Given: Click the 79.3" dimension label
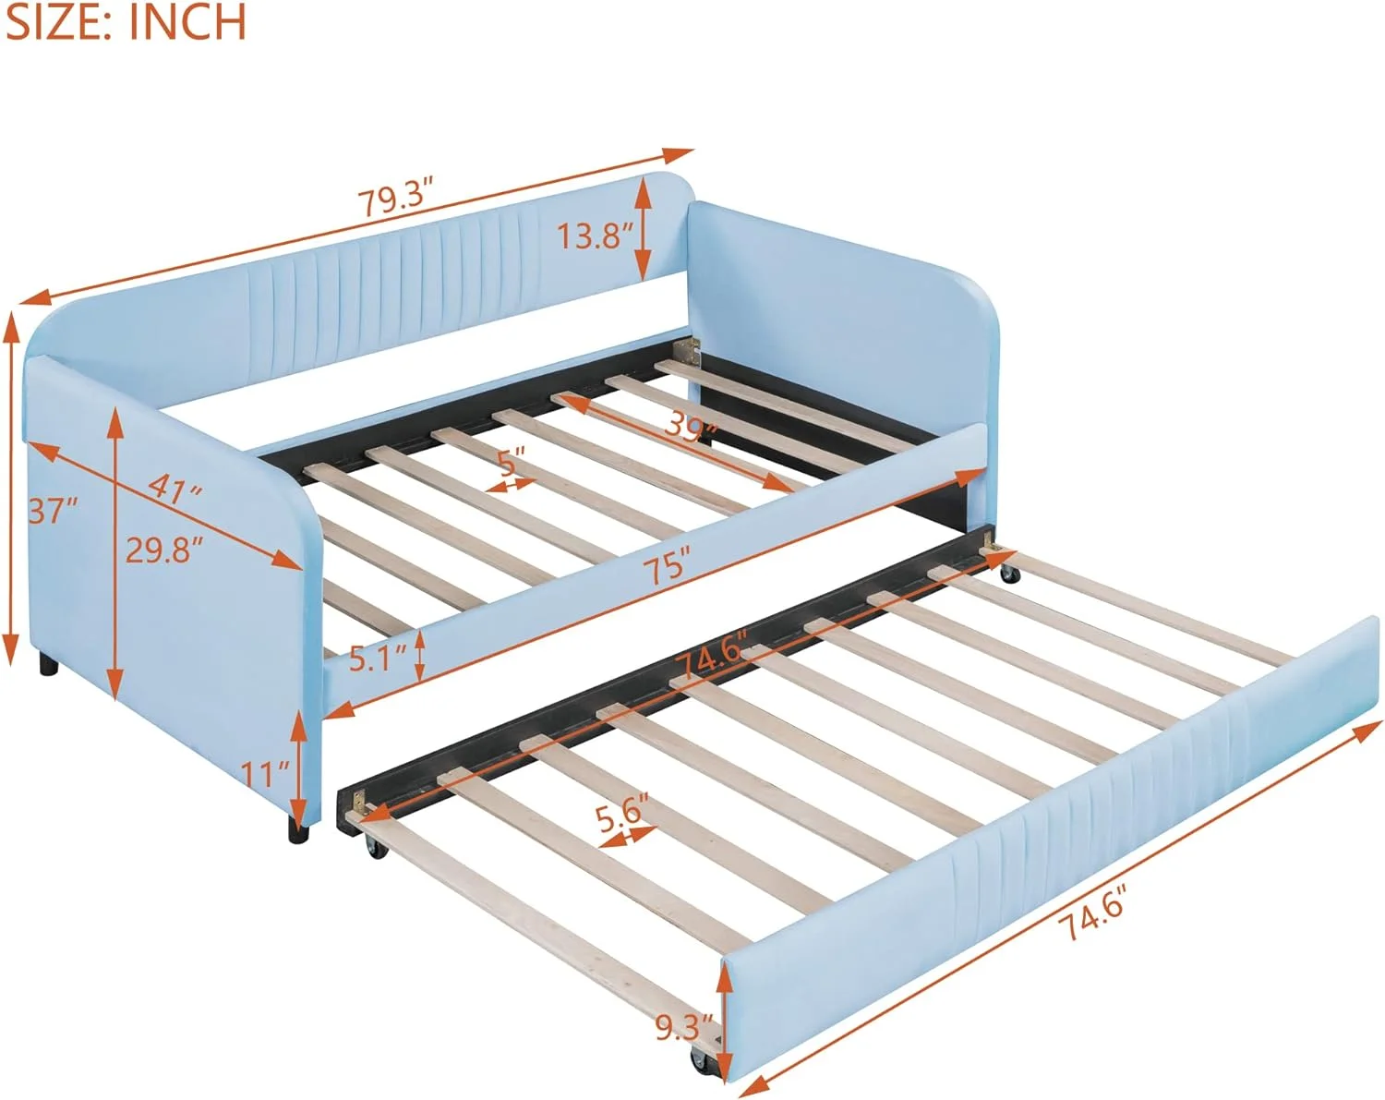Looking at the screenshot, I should [x=396, y=199].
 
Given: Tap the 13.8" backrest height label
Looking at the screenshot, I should [x=594, y=236].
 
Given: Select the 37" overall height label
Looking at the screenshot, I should [x=52, y=509].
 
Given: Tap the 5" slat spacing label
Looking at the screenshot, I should [x=512, y=461].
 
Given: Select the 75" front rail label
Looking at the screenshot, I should [x=668, y=563].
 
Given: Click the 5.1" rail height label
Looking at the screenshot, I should [x=379, y=659].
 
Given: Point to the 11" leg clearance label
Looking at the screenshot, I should [x=267, y=769].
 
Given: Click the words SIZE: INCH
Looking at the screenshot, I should [x=126, y=22].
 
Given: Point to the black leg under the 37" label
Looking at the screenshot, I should [x=46, y=666].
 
